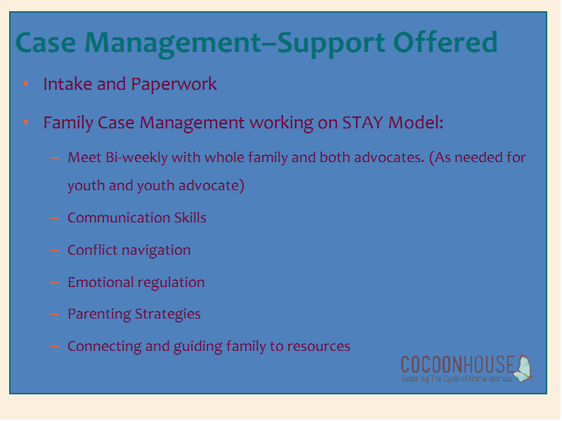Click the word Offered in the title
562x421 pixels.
445,42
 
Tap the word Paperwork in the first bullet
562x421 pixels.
174,84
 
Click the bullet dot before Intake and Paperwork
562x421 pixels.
25,83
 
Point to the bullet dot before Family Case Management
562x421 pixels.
25,122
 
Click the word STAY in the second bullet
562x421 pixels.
362,122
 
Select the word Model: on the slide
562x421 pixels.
416,122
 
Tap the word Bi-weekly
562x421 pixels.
136,158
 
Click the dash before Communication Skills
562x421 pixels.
55,218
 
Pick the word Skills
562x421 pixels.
190,218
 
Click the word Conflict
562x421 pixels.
93,250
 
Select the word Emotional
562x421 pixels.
100,282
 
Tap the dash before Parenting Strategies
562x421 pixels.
55,314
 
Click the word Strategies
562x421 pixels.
168,314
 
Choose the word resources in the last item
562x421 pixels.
319,346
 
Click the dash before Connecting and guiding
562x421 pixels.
55,346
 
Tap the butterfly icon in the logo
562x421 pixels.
523,368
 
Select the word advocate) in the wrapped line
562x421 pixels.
211,185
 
